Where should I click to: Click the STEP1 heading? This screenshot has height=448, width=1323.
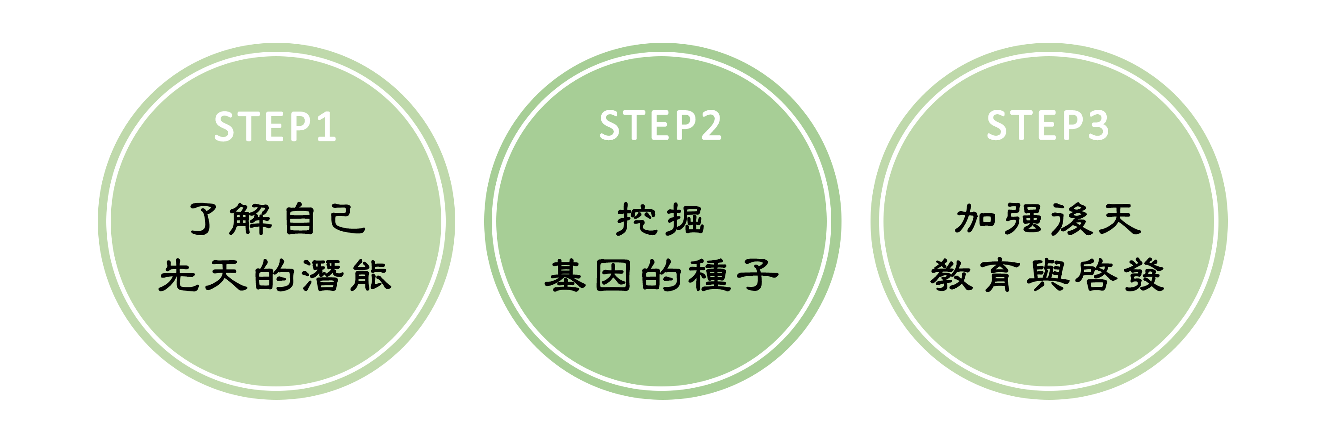[275, 126]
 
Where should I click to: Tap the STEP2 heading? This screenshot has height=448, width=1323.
[661, 125]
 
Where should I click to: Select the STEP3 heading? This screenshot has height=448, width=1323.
[1048, 125]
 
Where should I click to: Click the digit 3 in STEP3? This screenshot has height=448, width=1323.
[1099, 125]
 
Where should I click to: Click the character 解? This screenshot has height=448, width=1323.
[251, 219]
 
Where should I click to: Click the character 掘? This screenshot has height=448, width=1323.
[685, 219]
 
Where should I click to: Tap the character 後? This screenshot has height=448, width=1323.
[1072, 219]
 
